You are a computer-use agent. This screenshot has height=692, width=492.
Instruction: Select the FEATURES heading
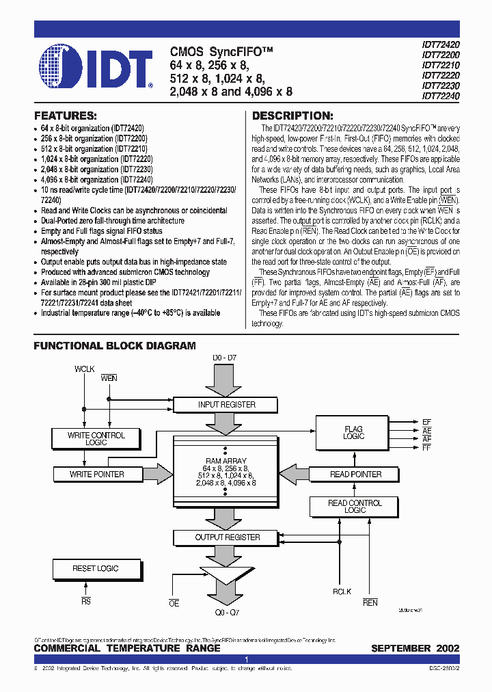(x=66, y=116)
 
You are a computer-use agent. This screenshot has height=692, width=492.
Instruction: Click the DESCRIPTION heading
(x=292, y=116)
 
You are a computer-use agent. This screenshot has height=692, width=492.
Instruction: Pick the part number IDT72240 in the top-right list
(x=441, y=96)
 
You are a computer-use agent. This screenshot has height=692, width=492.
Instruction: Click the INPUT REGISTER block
(x=226, y=405)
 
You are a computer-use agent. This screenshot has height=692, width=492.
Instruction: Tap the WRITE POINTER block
(x=96, y=474)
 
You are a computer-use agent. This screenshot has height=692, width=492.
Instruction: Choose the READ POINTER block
(x=355, y=474)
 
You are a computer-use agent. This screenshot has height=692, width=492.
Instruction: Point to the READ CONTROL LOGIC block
(x=355, y=507)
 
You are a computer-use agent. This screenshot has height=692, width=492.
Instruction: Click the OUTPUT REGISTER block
(x=228, y=537)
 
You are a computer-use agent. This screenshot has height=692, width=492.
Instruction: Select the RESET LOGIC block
(x=96, y=568)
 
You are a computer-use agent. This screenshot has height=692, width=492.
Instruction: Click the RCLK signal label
(x=342, y=592)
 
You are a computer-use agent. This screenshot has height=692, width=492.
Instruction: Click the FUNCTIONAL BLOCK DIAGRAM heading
(x=115, y=346)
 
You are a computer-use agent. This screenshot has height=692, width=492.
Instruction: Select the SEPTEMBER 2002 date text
(x=415, y=648)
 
